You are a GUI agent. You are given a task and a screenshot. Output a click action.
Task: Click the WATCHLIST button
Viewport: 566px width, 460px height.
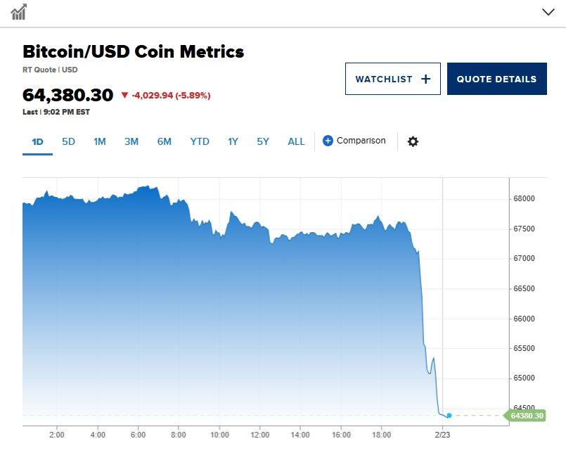392,79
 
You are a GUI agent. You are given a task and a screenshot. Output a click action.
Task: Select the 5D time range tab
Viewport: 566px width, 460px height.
68,141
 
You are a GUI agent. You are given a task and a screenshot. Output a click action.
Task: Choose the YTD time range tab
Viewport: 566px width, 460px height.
200,141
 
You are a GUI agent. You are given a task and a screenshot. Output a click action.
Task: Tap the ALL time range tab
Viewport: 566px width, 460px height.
296,141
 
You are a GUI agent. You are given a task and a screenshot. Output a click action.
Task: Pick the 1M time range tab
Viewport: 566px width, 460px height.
100,141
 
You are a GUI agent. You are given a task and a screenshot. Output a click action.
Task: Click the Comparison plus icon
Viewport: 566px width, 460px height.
328,141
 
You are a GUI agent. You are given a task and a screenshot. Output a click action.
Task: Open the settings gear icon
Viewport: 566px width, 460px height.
413,141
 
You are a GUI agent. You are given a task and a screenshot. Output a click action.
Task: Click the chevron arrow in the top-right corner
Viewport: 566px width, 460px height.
548,12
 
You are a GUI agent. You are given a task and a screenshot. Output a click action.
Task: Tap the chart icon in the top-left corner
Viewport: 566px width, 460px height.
19,12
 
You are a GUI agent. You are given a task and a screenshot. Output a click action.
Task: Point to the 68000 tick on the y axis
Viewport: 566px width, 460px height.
524,199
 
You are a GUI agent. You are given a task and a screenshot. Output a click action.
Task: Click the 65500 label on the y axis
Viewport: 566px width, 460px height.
524,349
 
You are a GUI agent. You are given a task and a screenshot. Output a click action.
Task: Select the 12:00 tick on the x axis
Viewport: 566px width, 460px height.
261,435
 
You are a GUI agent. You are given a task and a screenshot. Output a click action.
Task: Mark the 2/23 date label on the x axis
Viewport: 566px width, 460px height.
442,435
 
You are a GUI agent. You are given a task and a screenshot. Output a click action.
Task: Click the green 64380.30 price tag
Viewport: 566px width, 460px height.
527,416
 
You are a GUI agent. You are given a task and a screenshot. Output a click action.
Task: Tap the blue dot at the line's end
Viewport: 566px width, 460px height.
449,416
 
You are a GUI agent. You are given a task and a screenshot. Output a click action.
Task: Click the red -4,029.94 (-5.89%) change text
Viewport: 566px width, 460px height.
166,95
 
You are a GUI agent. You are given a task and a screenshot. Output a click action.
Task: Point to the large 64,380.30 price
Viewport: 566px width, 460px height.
67,95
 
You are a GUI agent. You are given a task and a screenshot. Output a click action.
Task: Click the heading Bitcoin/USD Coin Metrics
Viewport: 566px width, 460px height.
134,51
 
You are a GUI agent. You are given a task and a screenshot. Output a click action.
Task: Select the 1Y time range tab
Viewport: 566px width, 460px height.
233,141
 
